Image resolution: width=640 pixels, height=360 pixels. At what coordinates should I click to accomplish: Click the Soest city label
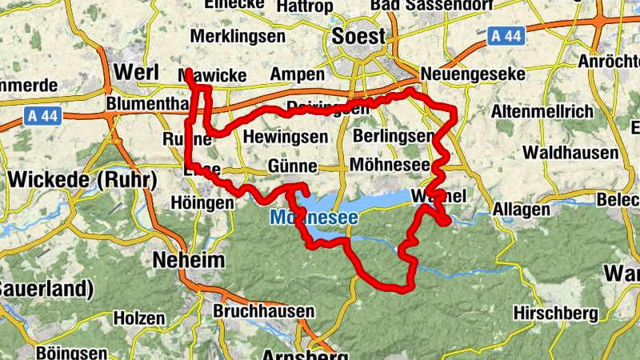[358, 37]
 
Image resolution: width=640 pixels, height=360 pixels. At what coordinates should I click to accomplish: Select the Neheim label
[188, 261]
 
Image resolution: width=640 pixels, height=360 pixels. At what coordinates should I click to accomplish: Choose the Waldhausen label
[570, 152]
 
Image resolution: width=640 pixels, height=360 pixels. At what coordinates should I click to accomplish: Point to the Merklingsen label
[238, 37]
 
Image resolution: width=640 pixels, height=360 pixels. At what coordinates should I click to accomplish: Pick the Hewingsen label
[286, 137]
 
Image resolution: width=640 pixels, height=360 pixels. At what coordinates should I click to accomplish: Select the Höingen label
[202, 204]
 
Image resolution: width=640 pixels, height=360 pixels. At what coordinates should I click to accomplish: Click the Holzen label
[138, 318]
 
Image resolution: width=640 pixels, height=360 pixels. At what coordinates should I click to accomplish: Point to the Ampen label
[297, 74]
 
